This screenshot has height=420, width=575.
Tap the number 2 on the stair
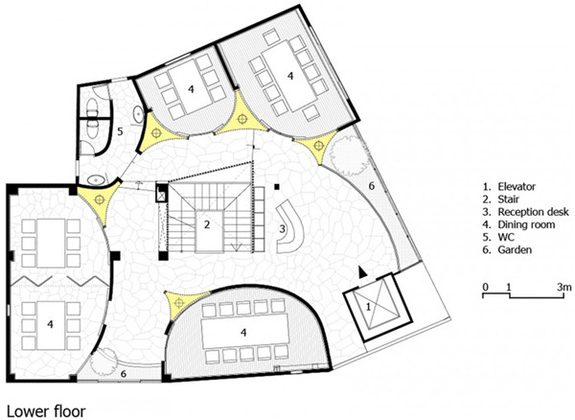(206, 224)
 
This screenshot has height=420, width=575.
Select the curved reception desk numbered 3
(289, 222)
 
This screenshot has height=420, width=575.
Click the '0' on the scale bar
(486, 287)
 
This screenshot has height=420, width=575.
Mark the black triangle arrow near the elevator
(361, 271)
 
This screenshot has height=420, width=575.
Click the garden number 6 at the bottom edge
(123, 372)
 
